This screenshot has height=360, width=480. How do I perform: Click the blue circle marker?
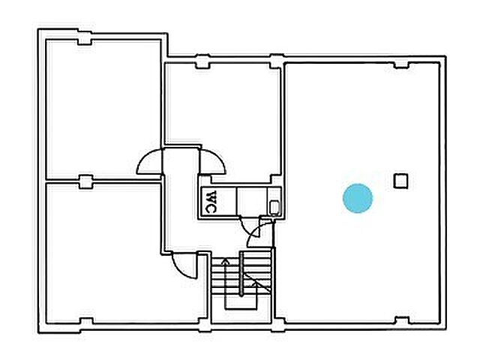tap(358, 198)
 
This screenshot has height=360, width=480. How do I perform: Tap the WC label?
tap(211, 202)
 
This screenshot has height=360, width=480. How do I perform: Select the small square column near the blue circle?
tap(400, 181)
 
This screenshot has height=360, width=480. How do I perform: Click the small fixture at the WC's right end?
tap(275, 207)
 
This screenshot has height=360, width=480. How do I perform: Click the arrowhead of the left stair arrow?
tap(225, 260)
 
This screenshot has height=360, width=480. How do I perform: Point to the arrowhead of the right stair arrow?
tap(256, 283)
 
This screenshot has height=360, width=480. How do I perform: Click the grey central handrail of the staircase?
tap(241, 274)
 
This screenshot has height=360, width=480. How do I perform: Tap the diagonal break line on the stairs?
tap(257, 283)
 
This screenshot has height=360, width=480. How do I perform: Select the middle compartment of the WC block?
tap(252, 202)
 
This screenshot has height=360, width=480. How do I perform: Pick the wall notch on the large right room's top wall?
tap(401, 65)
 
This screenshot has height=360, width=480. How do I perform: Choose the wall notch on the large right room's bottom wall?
tap(401, 320)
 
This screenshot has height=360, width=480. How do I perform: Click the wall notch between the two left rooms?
tap(85, 181)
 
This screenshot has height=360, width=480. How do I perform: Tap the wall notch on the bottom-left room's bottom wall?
tap(86, 321)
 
